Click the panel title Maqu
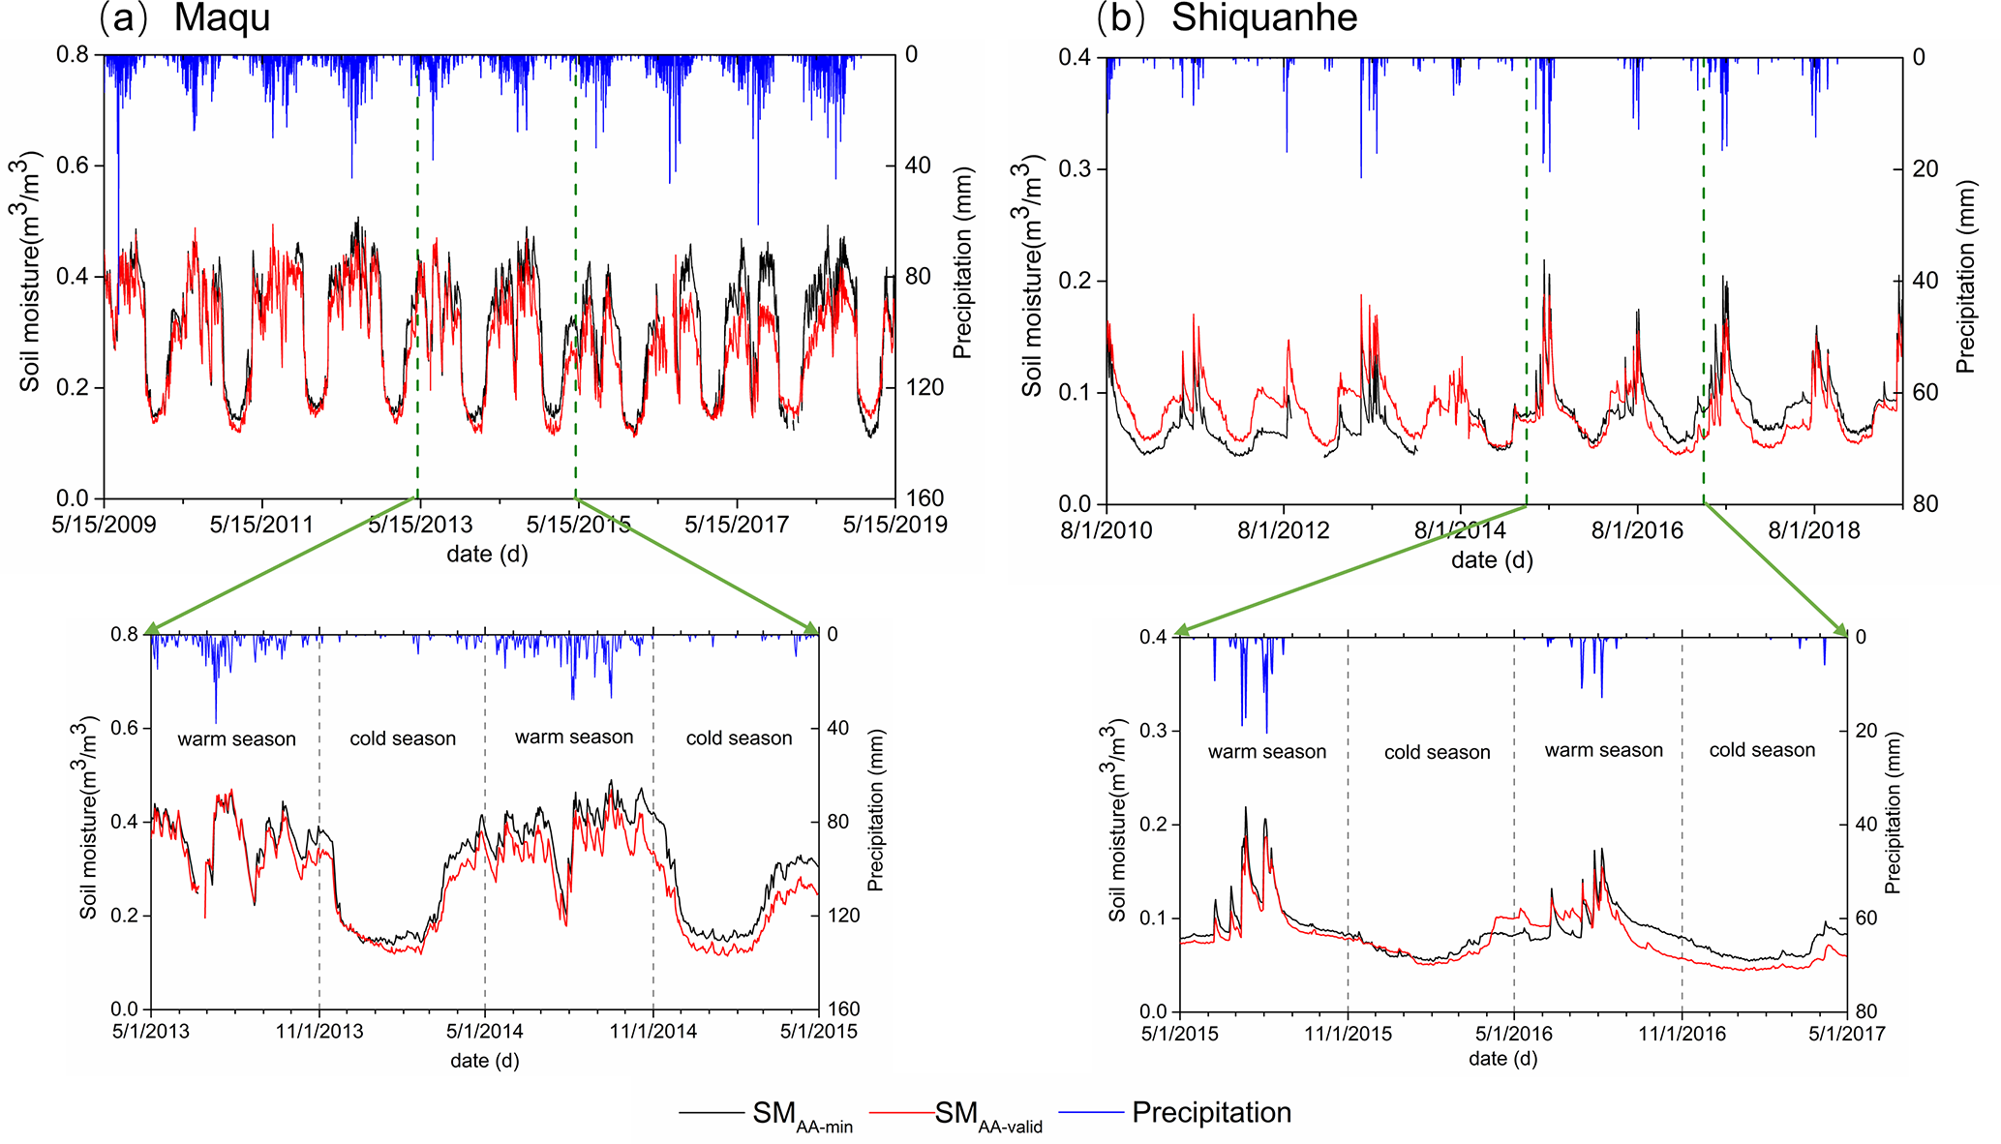(x=222, y=17)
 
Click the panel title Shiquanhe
(x=1264, y=17)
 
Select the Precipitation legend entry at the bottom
(x=1211, y=1113)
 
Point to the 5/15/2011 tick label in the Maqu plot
(x=261, y=525)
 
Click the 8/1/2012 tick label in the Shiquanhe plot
(x=1284, y=530)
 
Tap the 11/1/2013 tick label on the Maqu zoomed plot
(x=319, y=1032)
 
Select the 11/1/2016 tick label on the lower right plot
(x=1682, y=1034)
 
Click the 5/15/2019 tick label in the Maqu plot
(x=894, y=525)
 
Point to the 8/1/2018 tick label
(x=1813, y=530)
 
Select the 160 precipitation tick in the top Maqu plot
(x=925, y=498)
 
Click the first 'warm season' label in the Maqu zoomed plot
(x=236, y=739)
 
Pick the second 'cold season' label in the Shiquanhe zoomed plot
(x=1762, y=750)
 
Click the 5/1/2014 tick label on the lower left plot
(x=485, y=1032)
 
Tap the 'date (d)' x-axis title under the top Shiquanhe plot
(x=1492, y=559)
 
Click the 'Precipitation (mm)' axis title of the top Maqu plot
(x=962, y=263)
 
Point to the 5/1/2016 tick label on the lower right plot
(x=1513, y=1034)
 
